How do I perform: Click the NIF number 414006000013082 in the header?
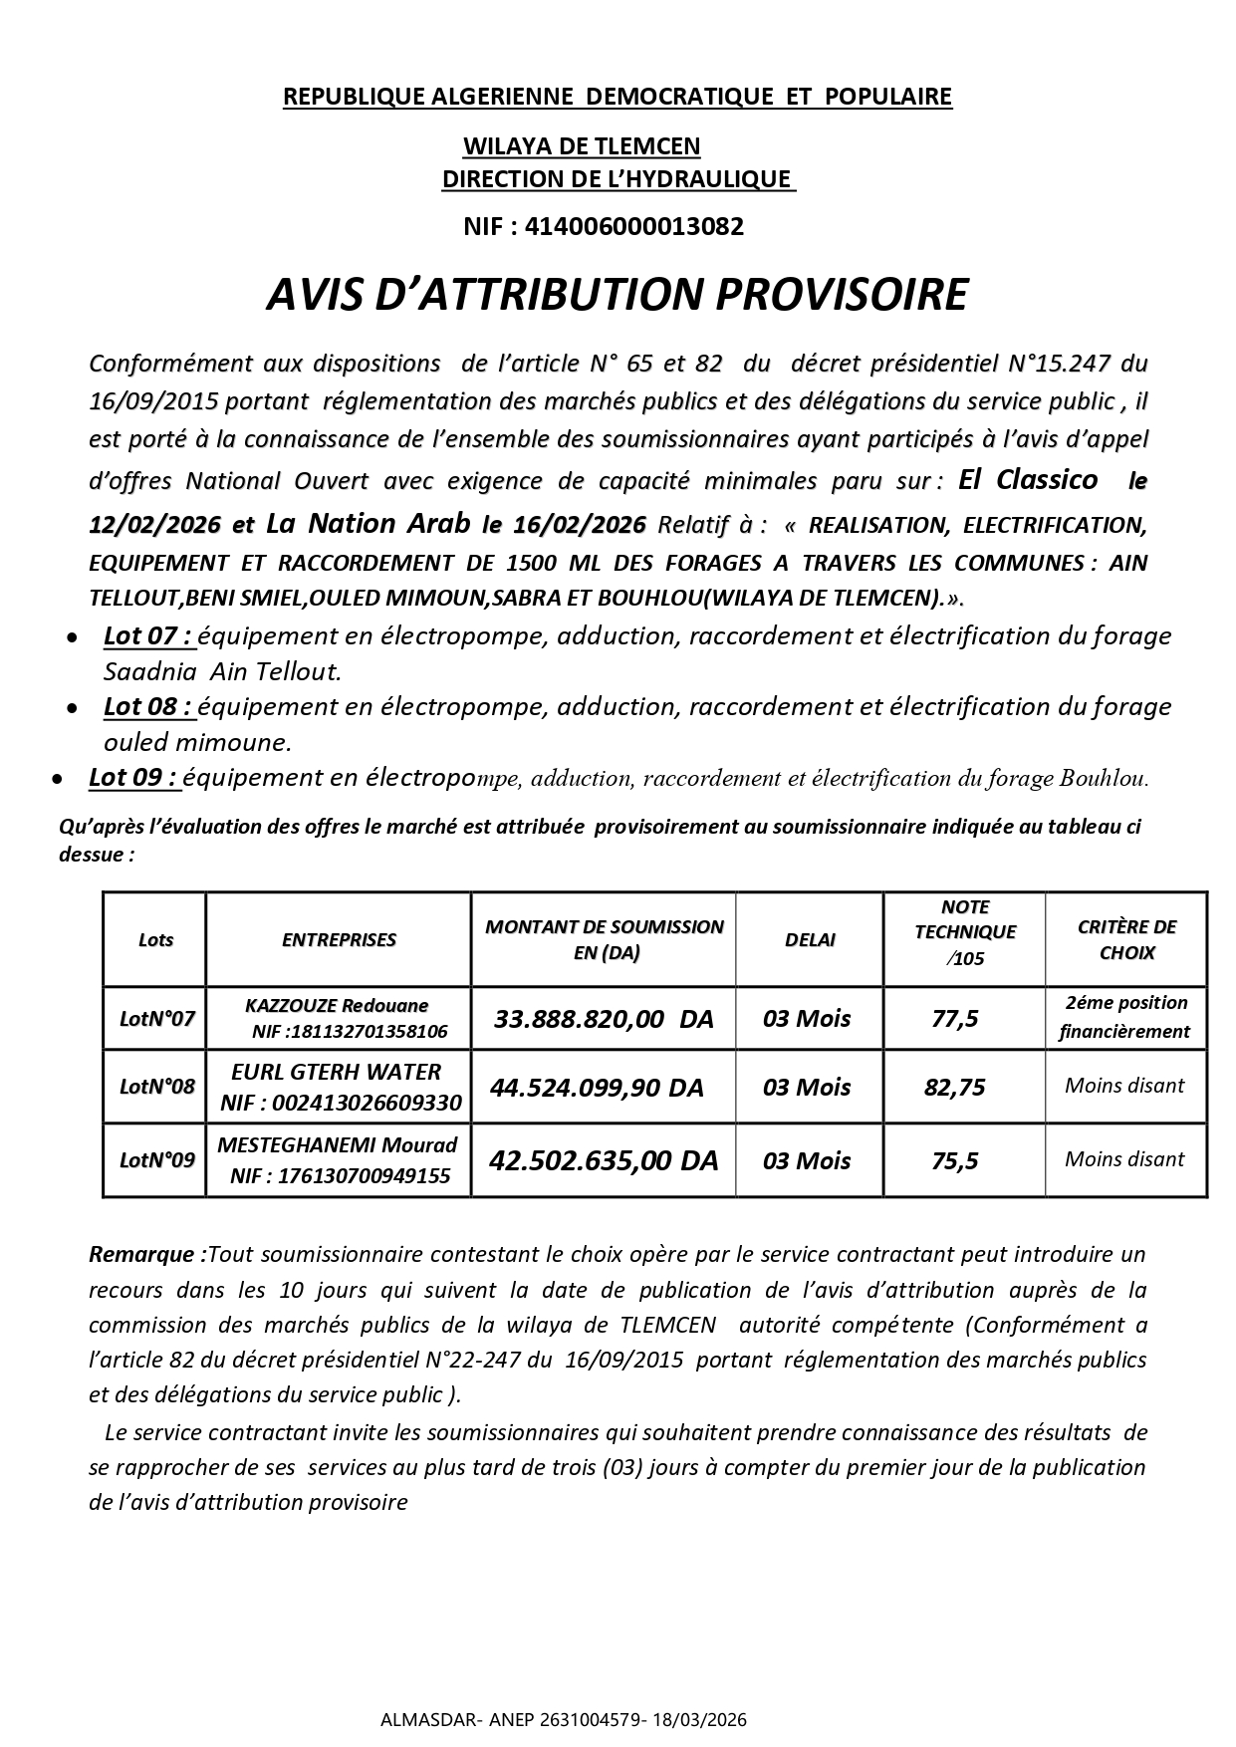point(633,227)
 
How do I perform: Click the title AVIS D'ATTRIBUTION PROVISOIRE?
point(617,296)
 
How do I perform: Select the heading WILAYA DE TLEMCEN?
point(581,146)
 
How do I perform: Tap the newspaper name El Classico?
point(1027,479)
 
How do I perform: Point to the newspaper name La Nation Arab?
point(368,523)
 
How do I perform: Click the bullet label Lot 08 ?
point(147,706)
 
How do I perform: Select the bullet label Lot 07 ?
point(147,635)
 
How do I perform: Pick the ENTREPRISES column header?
point(339,939)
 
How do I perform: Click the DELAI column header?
point(809,939)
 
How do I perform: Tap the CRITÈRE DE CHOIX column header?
point(1126,939)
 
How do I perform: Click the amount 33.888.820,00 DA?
point(604,1018)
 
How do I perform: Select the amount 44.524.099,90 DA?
point(597,1088)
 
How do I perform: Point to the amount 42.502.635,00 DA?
point(604,1160)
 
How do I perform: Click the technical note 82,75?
point(954,1088)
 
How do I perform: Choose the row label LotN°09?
point(156,1160)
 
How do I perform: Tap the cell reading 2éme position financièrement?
point(1124,1017)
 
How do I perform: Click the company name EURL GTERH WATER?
point(336,1072)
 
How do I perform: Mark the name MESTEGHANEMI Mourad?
point(337,1144)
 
